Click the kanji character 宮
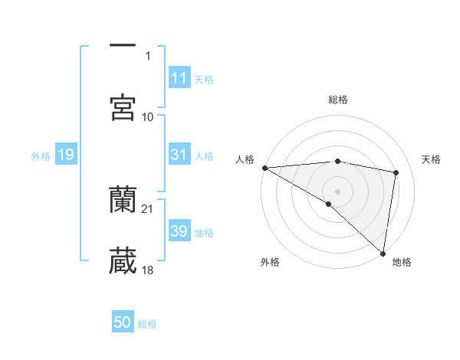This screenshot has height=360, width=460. (x=123, y=108)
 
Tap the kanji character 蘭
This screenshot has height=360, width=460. (x=123, y=200)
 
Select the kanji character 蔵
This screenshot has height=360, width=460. (x=123, y=261)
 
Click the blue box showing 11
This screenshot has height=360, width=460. (x=179, y=78)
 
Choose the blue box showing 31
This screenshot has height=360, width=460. (x=179, y=155)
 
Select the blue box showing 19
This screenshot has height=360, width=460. (x=65, y=155)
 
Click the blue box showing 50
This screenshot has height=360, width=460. (x=123, y=323)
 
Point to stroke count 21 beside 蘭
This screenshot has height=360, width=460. (x=148, y=208)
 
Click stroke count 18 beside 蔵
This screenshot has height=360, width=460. (x=148, y=270)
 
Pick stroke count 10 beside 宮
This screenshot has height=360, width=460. (x=148, y=116)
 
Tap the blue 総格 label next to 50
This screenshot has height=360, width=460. (x=148, y=324)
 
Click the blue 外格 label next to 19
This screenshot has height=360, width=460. (x=41, y=156)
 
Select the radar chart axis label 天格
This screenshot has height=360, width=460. (x=432, y=159)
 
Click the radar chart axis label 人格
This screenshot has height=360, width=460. (x=244, y=159)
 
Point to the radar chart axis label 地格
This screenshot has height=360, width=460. (x=402, y=262)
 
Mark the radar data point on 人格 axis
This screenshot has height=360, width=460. (x=264, y=168)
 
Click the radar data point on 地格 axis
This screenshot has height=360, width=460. (x=383, y=253)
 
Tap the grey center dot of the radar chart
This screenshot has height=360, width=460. (x=337, y=191)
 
